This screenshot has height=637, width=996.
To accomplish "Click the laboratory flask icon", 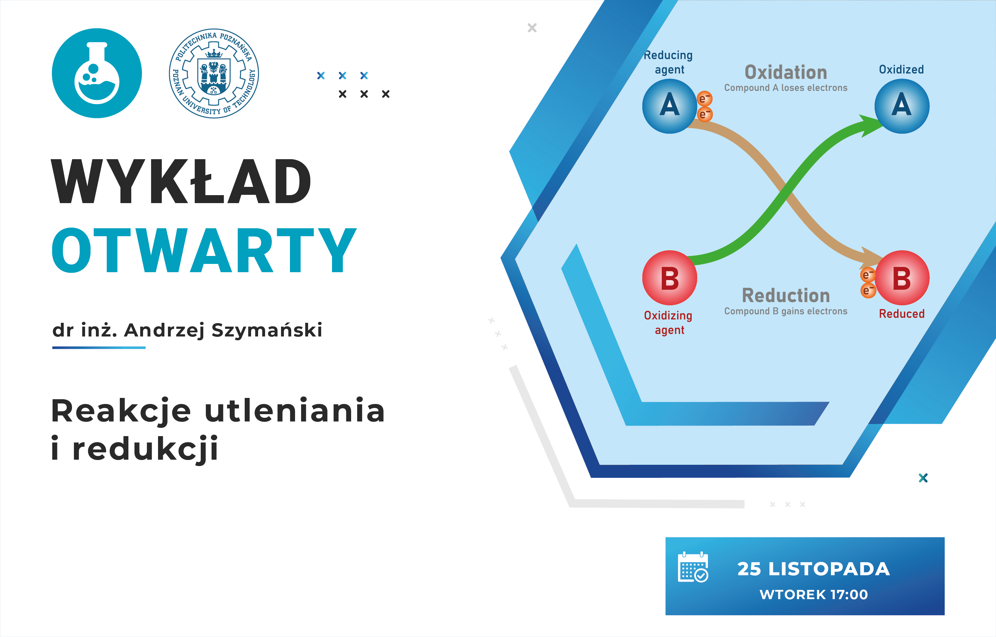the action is pos(97,73).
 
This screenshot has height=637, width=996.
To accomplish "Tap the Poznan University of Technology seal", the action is pos(214,73).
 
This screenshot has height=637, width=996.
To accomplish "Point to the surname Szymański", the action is pos(267,330).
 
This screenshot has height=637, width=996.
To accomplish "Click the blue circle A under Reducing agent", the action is pos(670,106).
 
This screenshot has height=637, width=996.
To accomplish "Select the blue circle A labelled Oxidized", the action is pos(902,106).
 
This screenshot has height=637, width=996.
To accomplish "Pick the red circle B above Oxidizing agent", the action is pos(670,278).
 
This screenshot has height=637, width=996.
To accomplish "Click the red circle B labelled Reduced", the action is pos(902,278).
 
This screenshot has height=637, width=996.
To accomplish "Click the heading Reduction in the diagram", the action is pos(786,296).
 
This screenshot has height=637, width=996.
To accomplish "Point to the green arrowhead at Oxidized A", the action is pos(871,125).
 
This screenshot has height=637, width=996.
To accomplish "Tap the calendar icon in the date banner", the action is pos(693,567).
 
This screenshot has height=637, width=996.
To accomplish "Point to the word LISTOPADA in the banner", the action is pos(829,569).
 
